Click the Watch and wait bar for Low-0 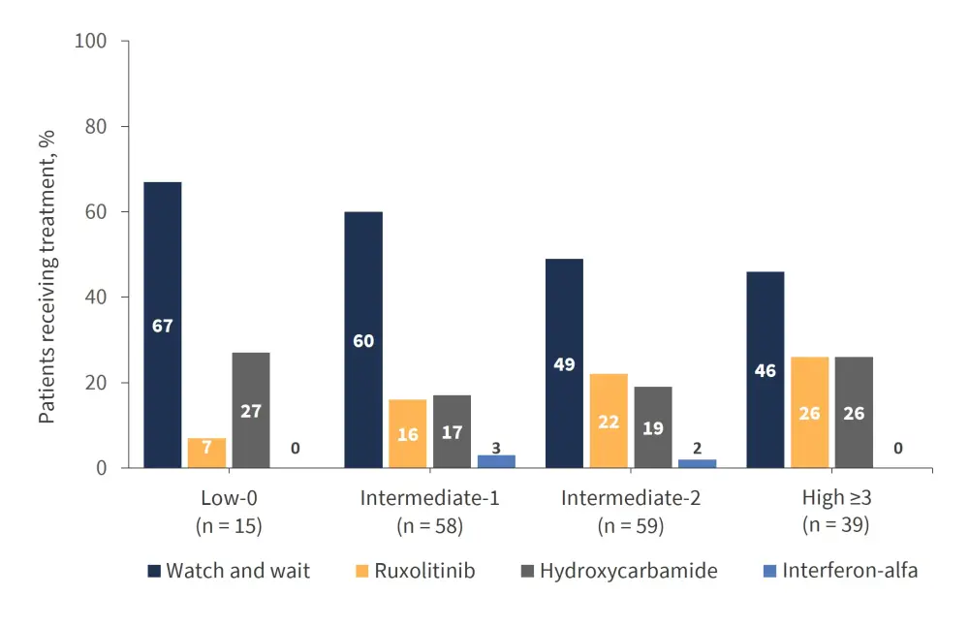162,325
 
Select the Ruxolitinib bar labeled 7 206,454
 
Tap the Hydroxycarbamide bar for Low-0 251,410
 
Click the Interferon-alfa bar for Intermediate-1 496,461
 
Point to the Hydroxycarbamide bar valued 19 653,427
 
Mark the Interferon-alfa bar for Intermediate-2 698,464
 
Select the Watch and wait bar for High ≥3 765,369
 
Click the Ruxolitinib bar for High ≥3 810,412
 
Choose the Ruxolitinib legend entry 416,571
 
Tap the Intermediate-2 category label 631,499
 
